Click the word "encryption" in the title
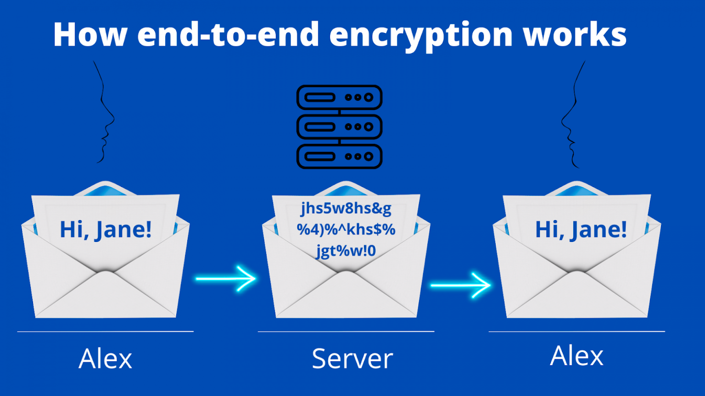tap(421, 35)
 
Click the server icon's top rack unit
tap(339, 98)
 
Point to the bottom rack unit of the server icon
tap(339, 156)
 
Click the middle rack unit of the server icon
tap(339, 127)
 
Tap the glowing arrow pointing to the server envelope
tap(226, 279)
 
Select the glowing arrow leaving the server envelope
tap(460, 285)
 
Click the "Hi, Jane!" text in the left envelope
tap(106, 230)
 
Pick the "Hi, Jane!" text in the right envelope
tap(581, 230)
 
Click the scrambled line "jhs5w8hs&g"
tap(346, 209)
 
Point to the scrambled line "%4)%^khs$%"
tap(346, 230)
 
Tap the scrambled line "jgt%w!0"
tap(346, 252)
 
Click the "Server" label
tap(352, 358)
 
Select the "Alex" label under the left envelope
tap(105, 358)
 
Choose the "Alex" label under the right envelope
tap(576, 356)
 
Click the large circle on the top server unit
tap(369, 98)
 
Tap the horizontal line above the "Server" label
tap(346, 331)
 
